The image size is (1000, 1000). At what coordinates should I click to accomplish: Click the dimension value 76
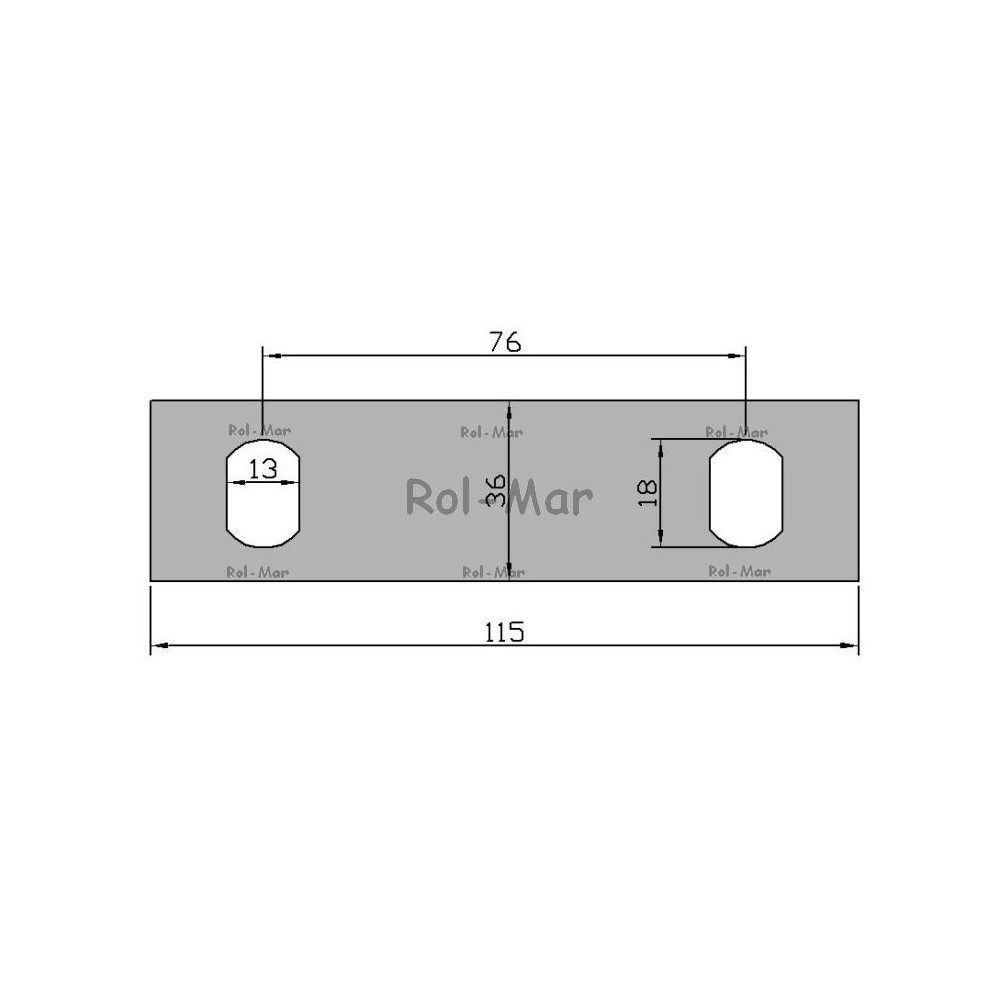(505, 342)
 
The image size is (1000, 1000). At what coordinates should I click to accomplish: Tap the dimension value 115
(504, 632)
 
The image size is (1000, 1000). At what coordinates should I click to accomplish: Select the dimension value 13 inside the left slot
(263, 469)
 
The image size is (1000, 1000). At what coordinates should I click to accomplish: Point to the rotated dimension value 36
(496, 490)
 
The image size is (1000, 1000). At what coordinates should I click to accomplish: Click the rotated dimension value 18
(647, 493)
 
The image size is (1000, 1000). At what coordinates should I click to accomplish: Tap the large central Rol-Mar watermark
(499, 497)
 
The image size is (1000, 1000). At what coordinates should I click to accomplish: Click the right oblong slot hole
(746, 493)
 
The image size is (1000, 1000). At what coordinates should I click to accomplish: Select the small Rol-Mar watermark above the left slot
(260, 430)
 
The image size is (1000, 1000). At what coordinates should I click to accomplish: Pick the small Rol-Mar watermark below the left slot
(258, 572)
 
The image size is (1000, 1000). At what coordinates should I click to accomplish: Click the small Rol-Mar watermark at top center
(492, 432)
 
